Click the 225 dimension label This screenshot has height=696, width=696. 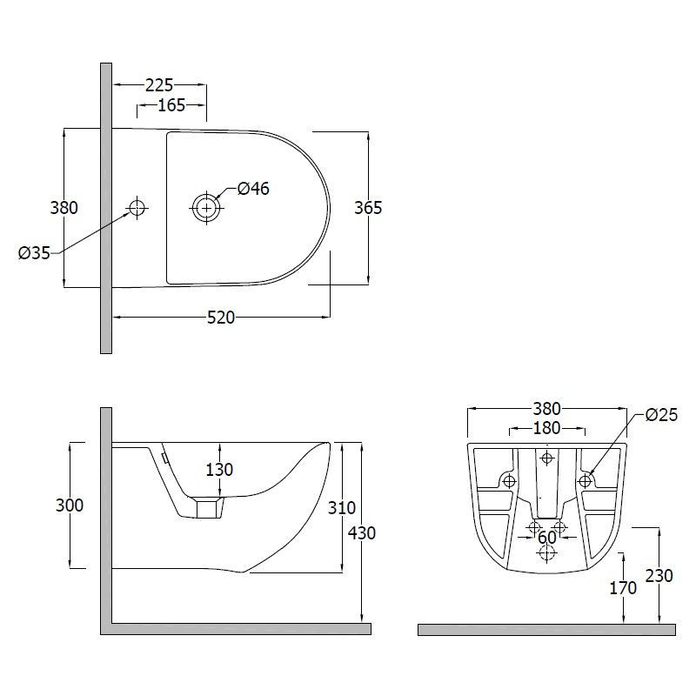pos(159,84)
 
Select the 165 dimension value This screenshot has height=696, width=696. pos(171,105)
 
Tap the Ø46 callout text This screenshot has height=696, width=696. pos(253,189)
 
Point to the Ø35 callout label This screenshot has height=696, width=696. pos(34,253)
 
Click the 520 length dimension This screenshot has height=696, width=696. pos(221,318)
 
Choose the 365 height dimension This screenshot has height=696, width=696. pos(368,208)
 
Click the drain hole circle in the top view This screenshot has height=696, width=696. pos(206,208)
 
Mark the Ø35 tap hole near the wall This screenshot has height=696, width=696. pos(137,207)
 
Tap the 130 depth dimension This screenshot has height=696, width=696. pos(219,470)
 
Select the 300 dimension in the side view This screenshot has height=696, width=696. pos(70,505)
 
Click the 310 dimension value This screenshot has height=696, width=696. pos(342,508)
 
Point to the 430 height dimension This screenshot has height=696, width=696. pos(362,533)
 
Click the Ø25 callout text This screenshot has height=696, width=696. pos(662,415)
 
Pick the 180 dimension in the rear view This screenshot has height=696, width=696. pos(546,428)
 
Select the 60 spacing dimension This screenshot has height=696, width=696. pos(547,538)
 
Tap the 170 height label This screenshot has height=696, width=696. pos(623,588)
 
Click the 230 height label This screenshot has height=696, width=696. pos(659,576)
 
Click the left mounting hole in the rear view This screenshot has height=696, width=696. pos(509,481)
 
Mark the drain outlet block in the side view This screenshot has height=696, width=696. pos(208,508)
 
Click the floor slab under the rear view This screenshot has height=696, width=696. pos(547,629)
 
